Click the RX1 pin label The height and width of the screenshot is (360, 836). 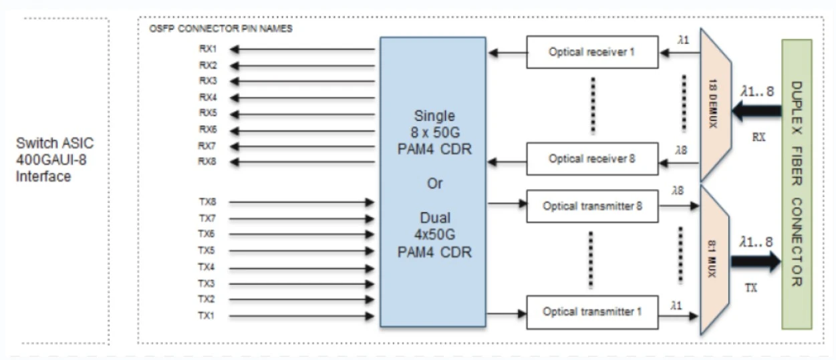208,49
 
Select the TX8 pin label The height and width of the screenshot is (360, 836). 208,202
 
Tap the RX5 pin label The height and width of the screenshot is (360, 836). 208,113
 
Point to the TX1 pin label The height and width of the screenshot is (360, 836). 206,316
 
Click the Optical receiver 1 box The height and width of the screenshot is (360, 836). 592,52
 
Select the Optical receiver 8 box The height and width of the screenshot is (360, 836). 592,158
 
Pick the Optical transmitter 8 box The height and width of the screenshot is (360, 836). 592,206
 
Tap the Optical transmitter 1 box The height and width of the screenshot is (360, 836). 592,313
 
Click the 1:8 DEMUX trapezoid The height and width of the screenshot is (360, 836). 714,105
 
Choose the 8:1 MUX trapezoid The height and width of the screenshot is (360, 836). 714,260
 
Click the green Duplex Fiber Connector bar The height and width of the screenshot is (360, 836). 797,184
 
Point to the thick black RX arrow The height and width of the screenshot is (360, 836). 756,111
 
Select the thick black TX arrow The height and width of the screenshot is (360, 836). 755,260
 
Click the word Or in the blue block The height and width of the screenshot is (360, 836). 435,184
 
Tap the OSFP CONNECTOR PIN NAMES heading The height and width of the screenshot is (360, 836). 221,29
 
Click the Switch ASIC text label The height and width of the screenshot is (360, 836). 55,143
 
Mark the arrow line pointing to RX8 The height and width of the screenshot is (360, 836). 302,162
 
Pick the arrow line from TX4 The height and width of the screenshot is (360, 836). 301,268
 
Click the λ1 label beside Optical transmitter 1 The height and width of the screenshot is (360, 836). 676,305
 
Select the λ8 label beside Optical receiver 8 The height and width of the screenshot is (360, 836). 681,150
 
